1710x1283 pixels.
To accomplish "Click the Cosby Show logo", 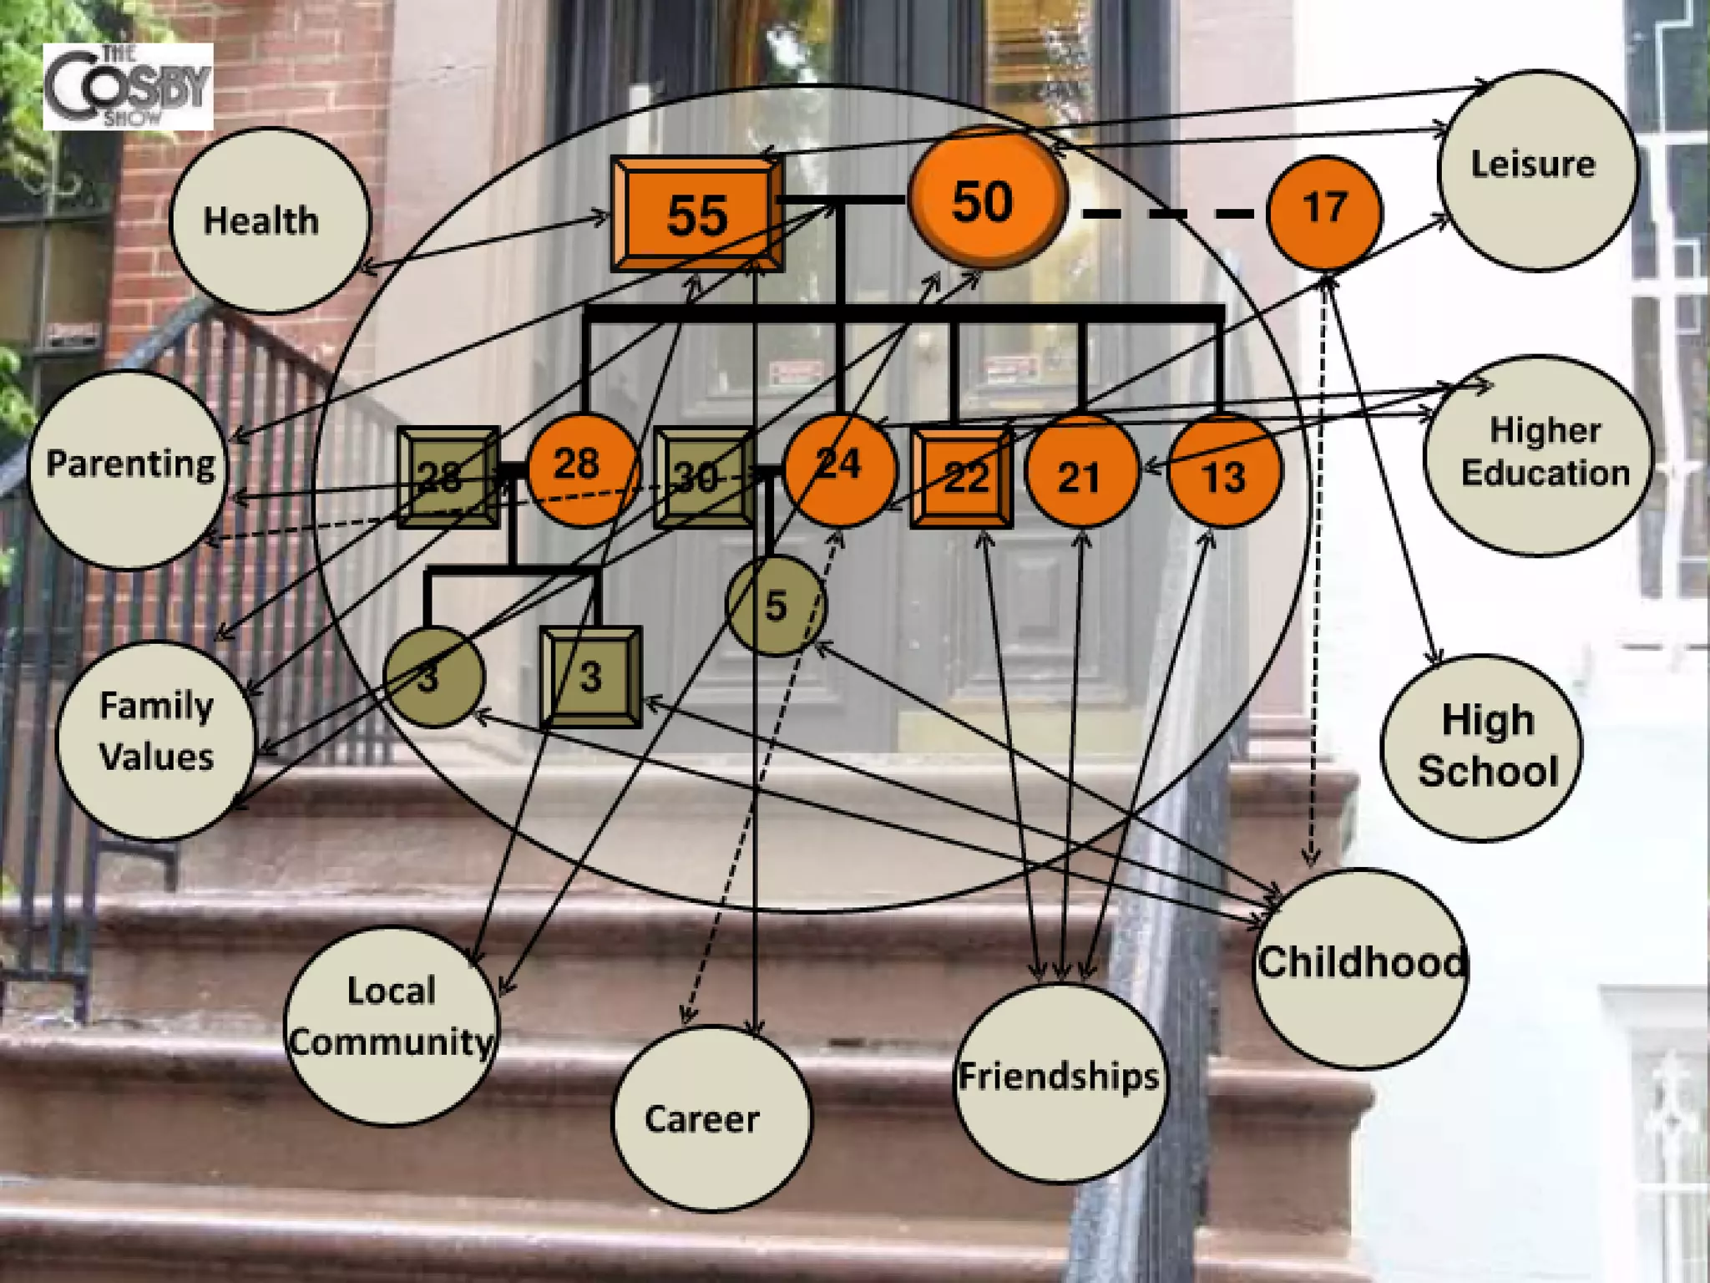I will click(128, 87).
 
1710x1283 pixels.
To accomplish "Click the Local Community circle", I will click(392, 1026).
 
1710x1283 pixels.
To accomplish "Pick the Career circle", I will click(711, 1118).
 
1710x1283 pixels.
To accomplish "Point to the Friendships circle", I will click(1059, 1083).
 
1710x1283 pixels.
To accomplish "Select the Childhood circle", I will click(1361, 969).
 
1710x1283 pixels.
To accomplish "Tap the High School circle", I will click(1481, 747).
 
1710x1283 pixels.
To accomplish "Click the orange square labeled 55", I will click(697, 214).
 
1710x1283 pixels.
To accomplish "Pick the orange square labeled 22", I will click(963, 478).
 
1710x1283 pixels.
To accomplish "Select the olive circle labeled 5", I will click(777, 606).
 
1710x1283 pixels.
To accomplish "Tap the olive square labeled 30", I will click(703, 478).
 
